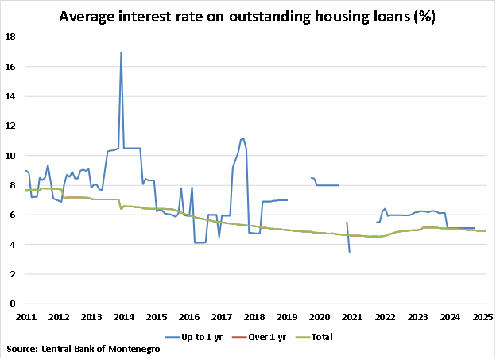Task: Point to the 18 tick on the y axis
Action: coord(11,37)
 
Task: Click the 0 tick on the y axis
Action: coord(14,304)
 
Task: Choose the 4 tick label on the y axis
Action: coord(14,245)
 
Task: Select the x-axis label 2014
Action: coord(124,317)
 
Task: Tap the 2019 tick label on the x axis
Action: coord(287,317)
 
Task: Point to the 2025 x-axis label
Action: coord(482,317)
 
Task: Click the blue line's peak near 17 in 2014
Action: coord(121,53)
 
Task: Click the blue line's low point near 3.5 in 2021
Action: coord(350,252)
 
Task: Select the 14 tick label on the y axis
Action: coord(11,96)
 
